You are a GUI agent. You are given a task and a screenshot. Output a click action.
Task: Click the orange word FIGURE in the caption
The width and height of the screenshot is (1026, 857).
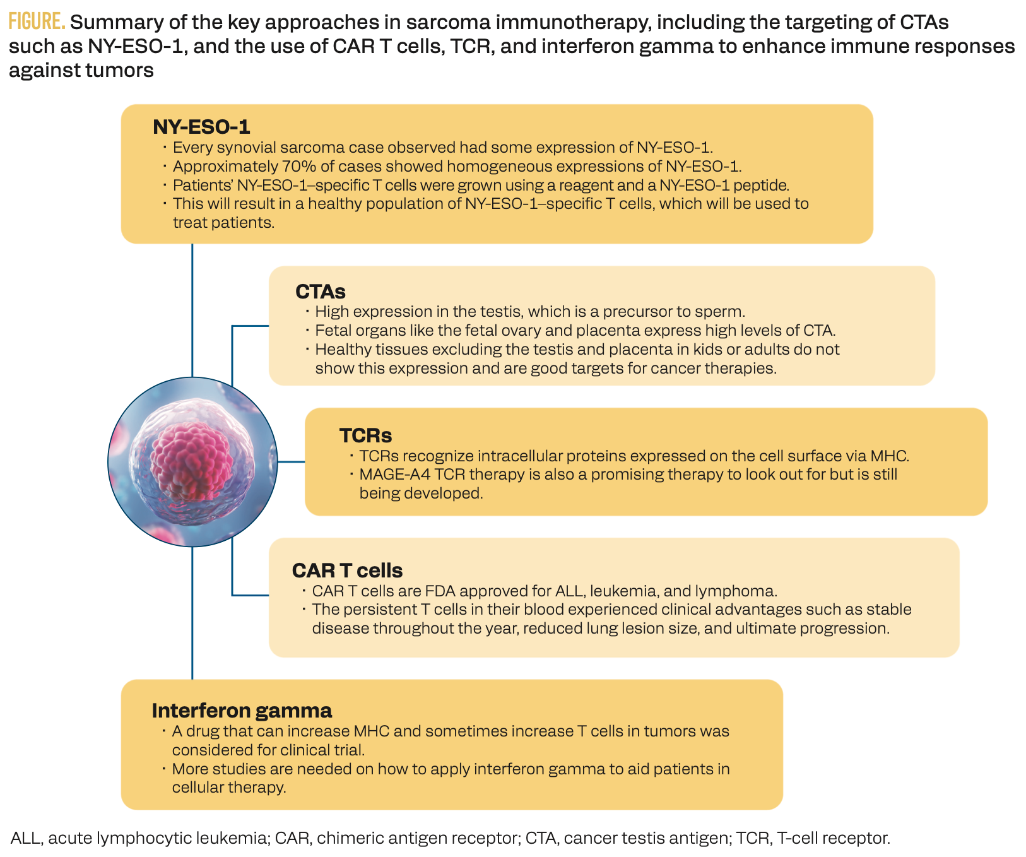pyautogui.click(x=37, y=22)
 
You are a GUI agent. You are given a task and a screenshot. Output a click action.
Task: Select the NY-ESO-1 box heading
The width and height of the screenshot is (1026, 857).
pyautogui.click(x=201, y=127)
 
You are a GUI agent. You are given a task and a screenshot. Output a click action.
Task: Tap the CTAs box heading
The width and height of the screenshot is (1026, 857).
pyautogui.click(x=321, y=292)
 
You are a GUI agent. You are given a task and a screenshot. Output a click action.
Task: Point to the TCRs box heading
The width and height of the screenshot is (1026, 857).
pyautogui.click(x=365, y=435)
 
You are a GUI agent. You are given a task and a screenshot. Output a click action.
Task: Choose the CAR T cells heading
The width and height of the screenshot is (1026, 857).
pyautogui.click(x=347, y=570)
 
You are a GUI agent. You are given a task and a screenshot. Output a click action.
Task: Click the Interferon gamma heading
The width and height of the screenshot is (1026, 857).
pyautogui.click(x=242, y=711)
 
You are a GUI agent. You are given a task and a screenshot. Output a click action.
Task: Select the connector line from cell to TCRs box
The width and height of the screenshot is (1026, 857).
pyautogui.click(x=291, y=462)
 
